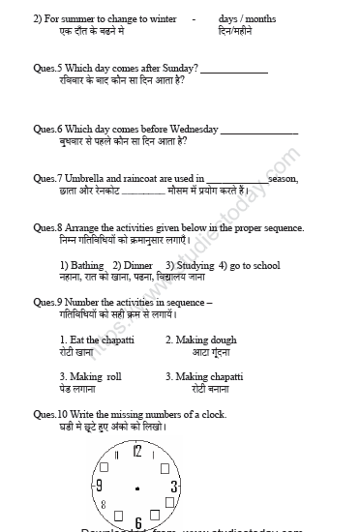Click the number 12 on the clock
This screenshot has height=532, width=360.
coord(137,451)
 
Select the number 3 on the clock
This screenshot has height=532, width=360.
coord(173,486)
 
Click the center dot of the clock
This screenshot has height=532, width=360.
coord(137,488)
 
